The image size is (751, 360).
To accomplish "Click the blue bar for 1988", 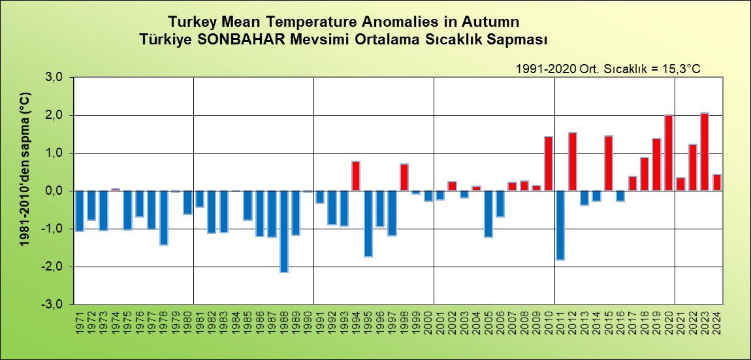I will pyautogui.click(x=283, y=231).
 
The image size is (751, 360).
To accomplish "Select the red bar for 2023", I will pyautogui.click(x=704, y=152).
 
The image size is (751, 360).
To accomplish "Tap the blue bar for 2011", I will pyautogui.click(x=560, y=225).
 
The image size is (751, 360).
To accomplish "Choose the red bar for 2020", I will pyautogui.click(x=668, y=153).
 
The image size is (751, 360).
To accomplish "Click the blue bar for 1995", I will pyautogui.click(x=368, y=223).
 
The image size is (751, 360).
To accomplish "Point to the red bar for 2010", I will pyautogui.click(x=548, y=164).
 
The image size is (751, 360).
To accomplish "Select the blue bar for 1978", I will pyautogui.click(x=163, y=218).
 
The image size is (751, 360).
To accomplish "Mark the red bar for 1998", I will pyautogui.click(x=404, y=178).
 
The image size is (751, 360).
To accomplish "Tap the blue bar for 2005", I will pyautogui.click(x=488, y=214).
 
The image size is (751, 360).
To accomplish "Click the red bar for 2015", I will pyautogui.click(x=608, y=163).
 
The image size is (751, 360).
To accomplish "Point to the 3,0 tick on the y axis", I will pyautogui.click(x=54, y=78).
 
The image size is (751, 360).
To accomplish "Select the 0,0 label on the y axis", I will pyautogui.click(x=54, y=191).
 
